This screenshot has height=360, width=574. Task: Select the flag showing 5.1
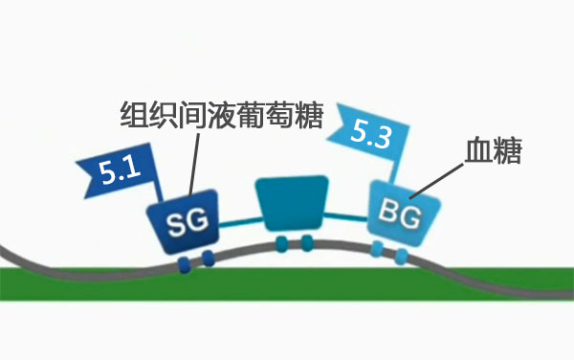point(115,173)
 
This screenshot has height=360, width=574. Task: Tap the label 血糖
point(493,152)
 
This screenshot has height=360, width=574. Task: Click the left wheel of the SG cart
point(185,259)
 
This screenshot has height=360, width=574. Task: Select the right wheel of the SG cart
point(207,257)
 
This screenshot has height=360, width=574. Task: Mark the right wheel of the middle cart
point(306,243)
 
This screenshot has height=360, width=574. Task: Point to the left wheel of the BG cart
point(379,250)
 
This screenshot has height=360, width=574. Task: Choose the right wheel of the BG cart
point(403,256)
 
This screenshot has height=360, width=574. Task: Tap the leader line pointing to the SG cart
point(195,168)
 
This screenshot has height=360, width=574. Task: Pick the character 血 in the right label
point(477,152)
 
